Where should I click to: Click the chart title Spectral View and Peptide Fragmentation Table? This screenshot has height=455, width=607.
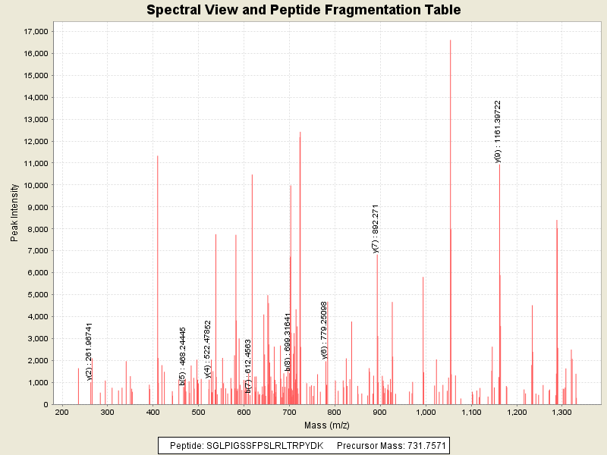coord(303,10)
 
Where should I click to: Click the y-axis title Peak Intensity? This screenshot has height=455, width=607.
coord(14,216)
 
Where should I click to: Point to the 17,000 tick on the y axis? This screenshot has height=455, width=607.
coord(36,31)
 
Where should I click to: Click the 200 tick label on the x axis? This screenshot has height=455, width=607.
coord(61,412)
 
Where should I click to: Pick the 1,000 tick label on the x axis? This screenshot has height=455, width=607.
coord(426,412)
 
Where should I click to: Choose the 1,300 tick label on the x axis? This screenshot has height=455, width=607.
coord(562,412)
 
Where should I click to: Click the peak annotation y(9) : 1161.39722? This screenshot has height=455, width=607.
coord(498,131)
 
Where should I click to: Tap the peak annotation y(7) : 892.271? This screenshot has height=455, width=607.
coord(376,228)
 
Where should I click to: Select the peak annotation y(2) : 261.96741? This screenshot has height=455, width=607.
coord(89,350)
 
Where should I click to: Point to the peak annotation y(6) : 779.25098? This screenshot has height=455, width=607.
coord(324,330)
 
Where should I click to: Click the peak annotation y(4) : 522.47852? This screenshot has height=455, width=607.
coord(208,349)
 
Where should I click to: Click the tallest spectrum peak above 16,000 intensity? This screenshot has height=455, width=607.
coord(450,41)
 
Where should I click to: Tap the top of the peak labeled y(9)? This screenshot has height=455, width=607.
coord(499,165)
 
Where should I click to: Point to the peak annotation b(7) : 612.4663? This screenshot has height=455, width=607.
coord(248,366)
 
